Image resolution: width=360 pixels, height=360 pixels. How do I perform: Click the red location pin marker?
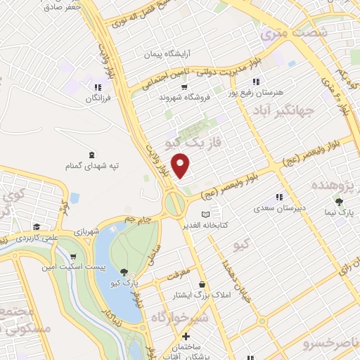181,166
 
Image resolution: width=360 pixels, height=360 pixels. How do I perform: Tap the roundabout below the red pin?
174,205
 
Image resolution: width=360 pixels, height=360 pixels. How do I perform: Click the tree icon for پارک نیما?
340,200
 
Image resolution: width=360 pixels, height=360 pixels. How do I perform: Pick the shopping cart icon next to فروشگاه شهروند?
184,87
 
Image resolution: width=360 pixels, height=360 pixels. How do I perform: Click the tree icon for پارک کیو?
124,271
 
